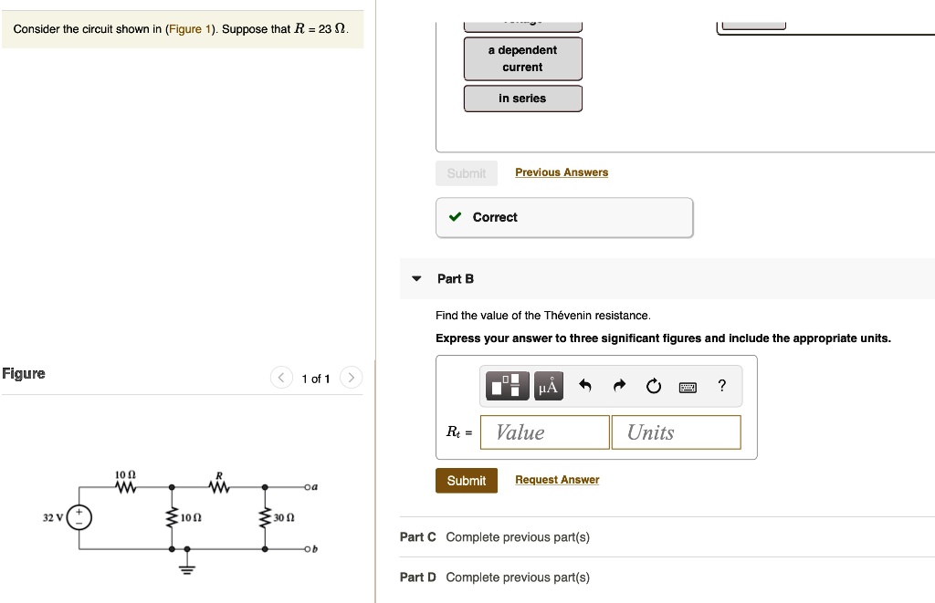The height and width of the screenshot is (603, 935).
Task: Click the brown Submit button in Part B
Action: point(467,481)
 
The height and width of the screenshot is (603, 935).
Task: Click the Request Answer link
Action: point(557,480)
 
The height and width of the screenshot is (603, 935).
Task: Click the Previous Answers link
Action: point(562,172)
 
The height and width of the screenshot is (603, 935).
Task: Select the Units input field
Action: point(676,432)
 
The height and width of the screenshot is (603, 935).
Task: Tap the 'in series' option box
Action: point(522,99)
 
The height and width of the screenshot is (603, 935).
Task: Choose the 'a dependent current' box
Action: point(522,58)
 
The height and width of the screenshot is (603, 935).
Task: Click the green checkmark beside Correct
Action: point(455,217)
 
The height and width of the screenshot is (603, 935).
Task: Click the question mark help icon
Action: point(722,386)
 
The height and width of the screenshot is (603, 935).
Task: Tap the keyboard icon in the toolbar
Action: point(688,387)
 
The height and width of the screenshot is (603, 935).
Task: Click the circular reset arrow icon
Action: point(653,387)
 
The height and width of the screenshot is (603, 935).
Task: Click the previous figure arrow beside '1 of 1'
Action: point(282,378)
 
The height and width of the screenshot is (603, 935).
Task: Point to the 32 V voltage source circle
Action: point(79,517)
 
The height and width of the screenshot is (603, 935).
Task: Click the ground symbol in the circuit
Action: point(187,567)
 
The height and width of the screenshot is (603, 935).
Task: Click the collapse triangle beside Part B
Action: point(416,279)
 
